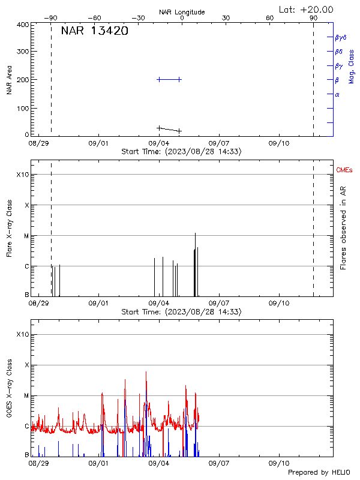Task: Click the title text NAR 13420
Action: coord(94,31)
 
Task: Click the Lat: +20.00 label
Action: coord(307,9)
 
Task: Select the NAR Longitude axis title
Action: coord(182,12)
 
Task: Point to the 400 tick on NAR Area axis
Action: coord(23,25)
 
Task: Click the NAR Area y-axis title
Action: coord(10,80)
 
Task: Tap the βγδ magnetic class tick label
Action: coord(341,37)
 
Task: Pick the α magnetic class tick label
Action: coord(337,94)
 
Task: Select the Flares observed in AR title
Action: coord(343,227)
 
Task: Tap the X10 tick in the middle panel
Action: coord(22,175)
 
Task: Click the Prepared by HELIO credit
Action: coord(319,473)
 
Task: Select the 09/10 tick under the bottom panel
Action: coord(280,463)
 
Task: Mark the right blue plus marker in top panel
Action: coord(179,79)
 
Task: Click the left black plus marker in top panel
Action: coord(159,128)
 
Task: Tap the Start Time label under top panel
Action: coord(181,152)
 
